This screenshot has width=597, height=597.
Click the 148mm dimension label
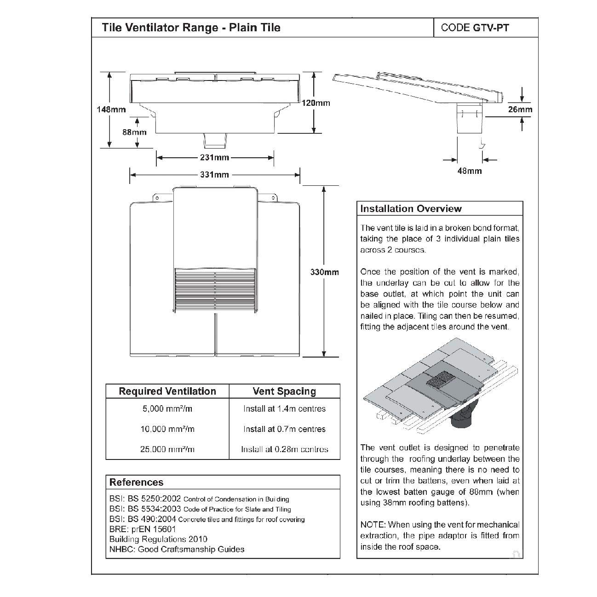tap(111, 109)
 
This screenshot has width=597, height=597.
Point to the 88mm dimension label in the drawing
tap(134, 132)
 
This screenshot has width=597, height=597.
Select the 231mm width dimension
tap(214, 158)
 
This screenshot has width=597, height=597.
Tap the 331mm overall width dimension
tap(214, 175)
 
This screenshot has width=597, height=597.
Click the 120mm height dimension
tap(316, 103)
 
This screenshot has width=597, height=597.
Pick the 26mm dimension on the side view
tap(520, 109)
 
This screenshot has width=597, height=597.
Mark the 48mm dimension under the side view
tap(470, 171)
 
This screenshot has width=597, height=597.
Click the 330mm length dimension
tap(324, 272)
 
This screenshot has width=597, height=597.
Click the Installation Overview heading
tap(411, 209)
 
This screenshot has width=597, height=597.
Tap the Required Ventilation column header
tap(167, 391)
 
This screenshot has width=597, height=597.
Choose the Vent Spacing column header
tap(284, 391)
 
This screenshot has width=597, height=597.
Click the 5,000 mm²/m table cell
tap(167, 408)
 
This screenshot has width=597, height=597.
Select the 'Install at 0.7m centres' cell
tap(284, 429)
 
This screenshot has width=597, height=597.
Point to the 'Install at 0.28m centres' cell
tap(284, 449)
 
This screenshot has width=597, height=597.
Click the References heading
tap(136, 482)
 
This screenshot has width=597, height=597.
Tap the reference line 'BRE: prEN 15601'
tap(143, 529)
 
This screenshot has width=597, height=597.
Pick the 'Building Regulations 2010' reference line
tap(158, 539)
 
